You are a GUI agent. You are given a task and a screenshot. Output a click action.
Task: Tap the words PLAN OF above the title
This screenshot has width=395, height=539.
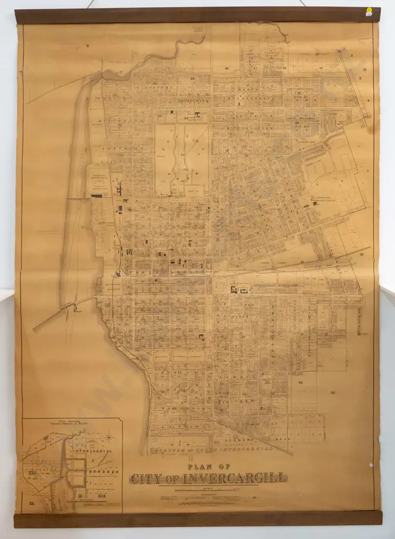click(x=209, y=466)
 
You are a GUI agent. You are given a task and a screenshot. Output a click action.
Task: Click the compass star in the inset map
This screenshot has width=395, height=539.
click(x=108, y=436)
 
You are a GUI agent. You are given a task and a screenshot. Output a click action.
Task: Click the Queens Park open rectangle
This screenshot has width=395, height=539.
click(x=181, y=158)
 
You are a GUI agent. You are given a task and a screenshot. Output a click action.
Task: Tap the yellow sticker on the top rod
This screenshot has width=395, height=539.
click(x=369, y=12)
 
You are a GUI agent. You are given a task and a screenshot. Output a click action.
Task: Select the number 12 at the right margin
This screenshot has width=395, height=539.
click(x=362, y=254)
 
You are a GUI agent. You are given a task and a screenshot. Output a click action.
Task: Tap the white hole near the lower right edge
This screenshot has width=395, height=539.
click(x=371, y=465)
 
